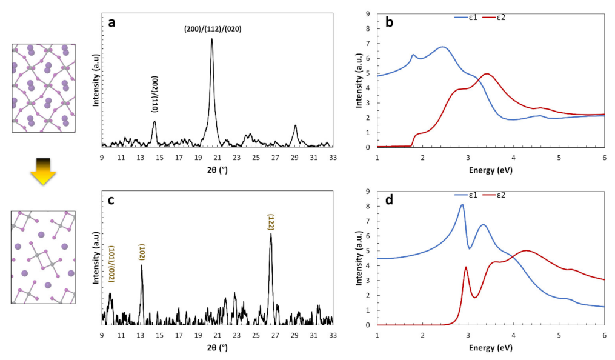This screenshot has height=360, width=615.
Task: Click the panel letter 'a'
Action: click(111, 23)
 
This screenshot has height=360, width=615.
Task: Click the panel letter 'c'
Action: click(111, 201)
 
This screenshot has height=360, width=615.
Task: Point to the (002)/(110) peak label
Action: click(154, 98)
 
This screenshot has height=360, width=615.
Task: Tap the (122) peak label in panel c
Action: click(271, 221)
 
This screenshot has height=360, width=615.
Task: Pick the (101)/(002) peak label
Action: click(111, 264)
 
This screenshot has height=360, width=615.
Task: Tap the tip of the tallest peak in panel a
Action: click(212, 39)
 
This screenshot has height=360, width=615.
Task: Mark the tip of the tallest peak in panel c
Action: click(271, 234)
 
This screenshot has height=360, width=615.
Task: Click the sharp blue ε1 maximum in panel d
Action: click(462, 205)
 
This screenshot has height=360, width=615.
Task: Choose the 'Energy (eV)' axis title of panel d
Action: click(491, 349)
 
